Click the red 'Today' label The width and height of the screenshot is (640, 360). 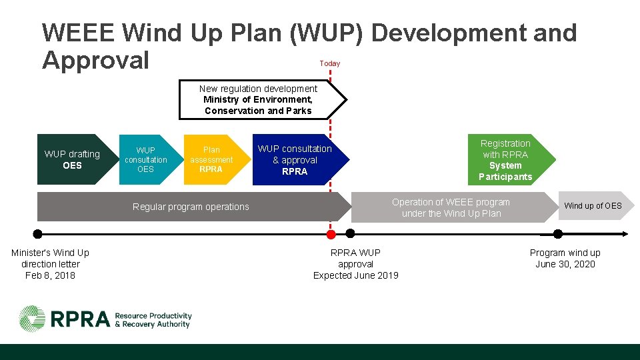point(329,63)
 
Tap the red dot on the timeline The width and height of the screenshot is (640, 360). point(330,234)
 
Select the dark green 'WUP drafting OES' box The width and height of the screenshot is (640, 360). point(72,160)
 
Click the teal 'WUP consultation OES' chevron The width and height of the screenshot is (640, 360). point(145,160)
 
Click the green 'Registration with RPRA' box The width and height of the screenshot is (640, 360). point(510,160)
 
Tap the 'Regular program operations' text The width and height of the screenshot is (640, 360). point(191,207)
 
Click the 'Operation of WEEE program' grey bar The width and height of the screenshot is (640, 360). point(451,207)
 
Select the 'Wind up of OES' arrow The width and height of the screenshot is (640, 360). point(593,206)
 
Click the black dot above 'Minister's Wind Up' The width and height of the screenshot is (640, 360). point(38,234)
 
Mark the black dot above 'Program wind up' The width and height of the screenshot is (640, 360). point(558,234)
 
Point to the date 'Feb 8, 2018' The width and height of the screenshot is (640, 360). point(50,275)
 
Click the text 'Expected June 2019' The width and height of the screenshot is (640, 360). point(355,275)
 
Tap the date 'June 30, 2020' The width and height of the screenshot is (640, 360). point(565,264)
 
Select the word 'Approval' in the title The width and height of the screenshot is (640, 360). point(95,60)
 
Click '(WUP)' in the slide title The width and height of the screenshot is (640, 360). point(327,32)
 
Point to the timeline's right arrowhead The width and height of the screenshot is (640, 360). point(625,234)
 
